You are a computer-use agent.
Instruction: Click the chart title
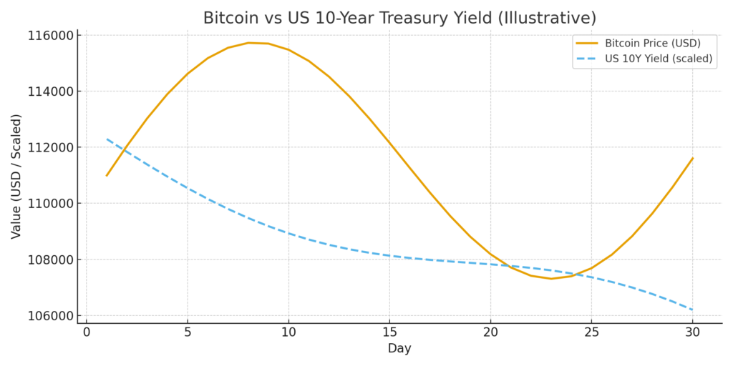pos(399,18)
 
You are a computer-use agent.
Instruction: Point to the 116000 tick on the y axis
pos(50,36)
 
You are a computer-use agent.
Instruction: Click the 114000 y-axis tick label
pos(50,91)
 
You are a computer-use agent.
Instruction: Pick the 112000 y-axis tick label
pos(50,147)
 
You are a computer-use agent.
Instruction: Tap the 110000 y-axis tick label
pos(50,204)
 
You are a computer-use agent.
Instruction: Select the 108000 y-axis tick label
pos(50,259)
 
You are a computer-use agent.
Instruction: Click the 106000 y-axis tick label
pos(50,315)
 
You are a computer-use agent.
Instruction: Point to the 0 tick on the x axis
pos(87,332)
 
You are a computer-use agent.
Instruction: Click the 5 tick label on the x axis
pos(188,332)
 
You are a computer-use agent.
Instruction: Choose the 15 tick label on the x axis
pos(389,332)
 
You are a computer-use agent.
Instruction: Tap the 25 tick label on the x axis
pos(591,332)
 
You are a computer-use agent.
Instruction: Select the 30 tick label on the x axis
pos(692,332)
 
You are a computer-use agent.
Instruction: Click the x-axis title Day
pos(399,349)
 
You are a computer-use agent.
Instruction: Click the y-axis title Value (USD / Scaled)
pos(16,176)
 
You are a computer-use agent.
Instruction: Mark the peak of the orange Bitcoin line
pos(248,43)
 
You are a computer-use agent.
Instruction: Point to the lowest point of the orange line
pos(550,278)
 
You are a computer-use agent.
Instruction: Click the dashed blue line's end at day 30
pos(692,310)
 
